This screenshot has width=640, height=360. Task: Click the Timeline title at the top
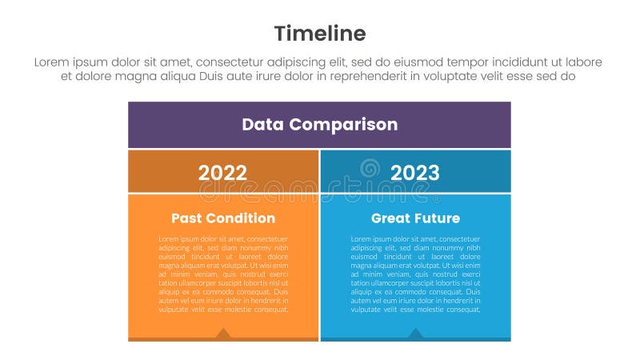pyautogui.click(x=319, y=33)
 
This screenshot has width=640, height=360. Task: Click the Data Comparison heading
pyautogui.click(x=319, y=125)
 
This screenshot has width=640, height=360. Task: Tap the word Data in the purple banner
pyautogui.click(x=262, y=125)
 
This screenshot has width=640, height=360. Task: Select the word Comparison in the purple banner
pyautogui.click(x=343, y=125)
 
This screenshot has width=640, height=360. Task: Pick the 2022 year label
pyautogui.click(x=222, y=173)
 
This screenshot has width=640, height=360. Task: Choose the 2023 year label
pyautogui.click(x=414, y=173)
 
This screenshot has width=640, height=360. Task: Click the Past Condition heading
pyautogui.click(x=222, y=218)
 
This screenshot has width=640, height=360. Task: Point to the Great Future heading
pyautogui.click(x=415, y=218)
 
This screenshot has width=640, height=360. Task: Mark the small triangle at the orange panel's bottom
pyautogui.click(x=223, y=333)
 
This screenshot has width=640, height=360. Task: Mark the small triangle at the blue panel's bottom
pyautogui.click(x=415, y=333)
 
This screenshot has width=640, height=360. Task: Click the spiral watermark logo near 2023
pyautogui.click(x=370, y=168)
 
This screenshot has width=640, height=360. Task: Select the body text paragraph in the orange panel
pyautogui.click(x=223, y=274)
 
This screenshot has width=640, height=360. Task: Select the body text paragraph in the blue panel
pyautogui.click(x=415, y=274)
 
